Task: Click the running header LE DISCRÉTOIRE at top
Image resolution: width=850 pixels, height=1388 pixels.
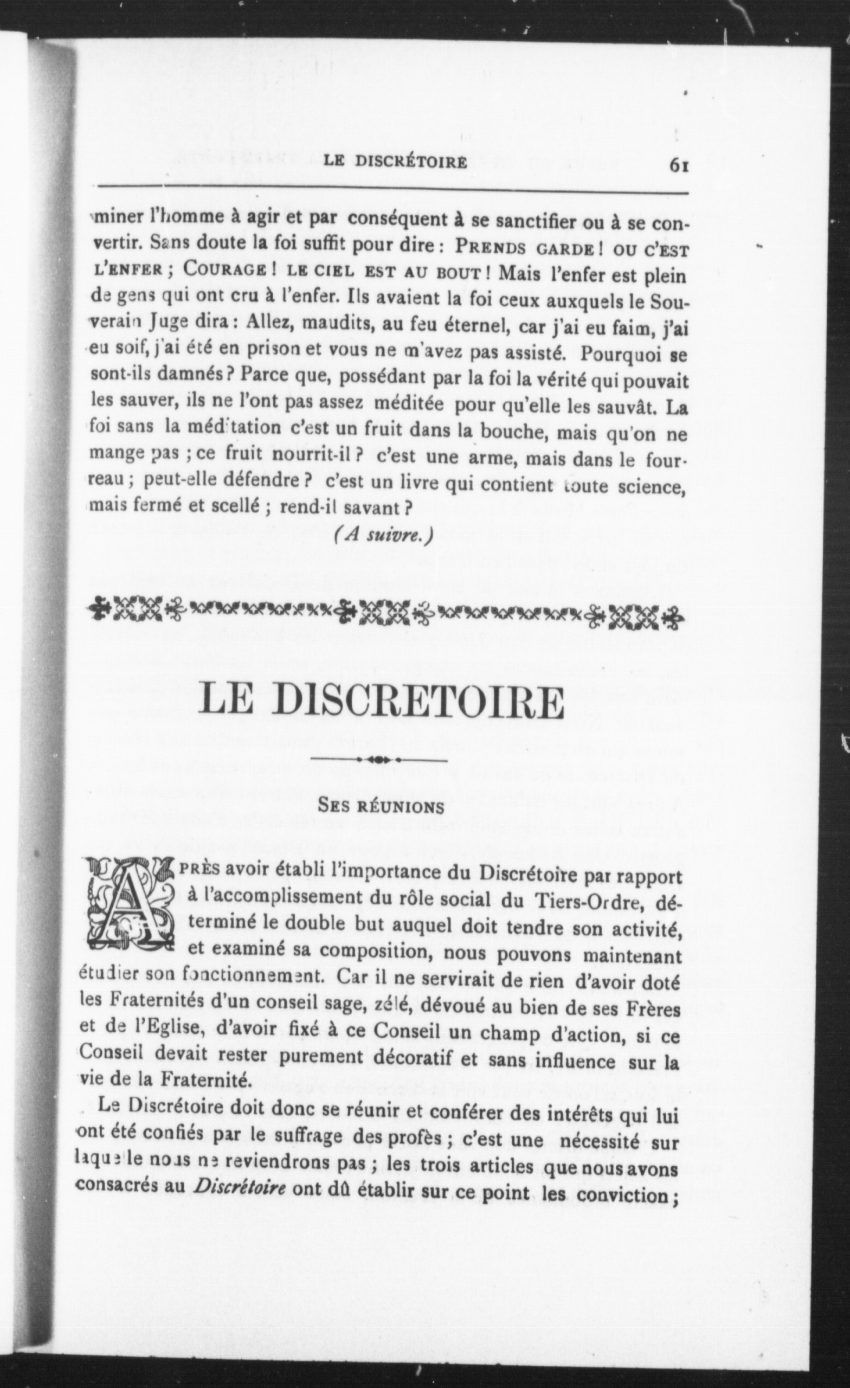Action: pos(395,162)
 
